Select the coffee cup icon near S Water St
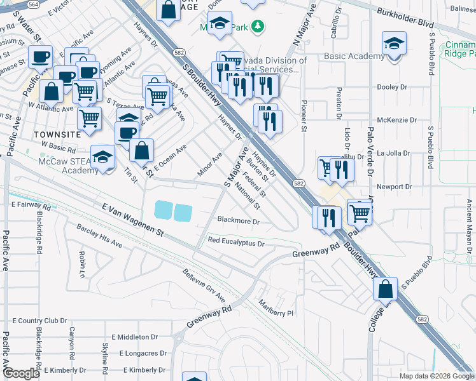pyautogui.click(x=42, y=57)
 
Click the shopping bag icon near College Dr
pyautogui.click(x=386, y=289)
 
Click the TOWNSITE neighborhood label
pyautogui.click(x=57, y=135)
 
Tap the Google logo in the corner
pyautogui.click(x=21, y=373)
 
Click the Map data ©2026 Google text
pyautogui.click(x=436, y=376)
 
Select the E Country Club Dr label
pyautogui.click(x=39, y=321)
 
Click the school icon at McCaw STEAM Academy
pyautogui.click(x=102, y=157)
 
